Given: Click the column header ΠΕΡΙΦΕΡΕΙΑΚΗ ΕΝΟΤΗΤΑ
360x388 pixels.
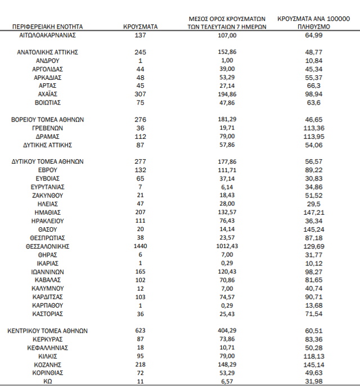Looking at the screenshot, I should tap(47, 26).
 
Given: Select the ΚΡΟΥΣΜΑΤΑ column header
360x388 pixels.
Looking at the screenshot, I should tap(140, 26).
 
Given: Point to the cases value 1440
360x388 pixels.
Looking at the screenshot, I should tap(140, 246).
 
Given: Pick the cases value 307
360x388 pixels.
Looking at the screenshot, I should tap(140, 94).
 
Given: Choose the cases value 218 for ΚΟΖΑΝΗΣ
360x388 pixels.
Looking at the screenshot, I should tap(140, 364).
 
